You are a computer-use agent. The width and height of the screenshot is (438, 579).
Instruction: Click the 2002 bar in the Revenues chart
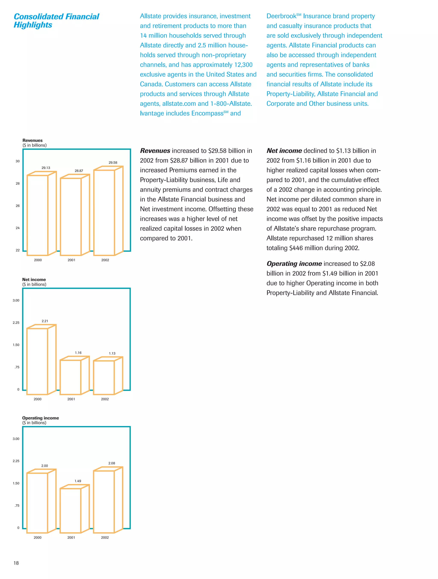point(104,213)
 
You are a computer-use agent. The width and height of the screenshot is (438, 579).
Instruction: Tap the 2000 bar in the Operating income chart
point(37,503)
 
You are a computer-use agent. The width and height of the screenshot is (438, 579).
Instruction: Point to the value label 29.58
point(113,163)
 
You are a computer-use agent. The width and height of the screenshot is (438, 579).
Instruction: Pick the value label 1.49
point(78,481)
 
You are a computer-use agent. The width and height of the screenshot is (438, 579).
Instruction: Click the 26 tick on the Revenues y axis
point(18,206)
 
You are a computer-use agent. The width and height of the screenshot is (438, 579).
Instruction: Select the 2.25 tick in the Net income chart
point(16,322)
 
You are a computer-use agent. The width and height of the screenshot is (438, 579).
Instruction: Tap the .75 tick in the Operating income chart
point(17,506)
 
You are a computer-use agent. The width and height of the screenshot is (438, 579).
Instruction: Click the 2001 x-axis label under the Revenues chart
point(71,260)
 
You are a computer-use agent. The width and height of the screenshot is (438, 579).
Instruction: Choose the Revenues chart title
point(33,140)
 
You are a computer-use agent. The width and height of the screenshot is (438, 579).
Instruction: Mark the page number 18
point(16,563)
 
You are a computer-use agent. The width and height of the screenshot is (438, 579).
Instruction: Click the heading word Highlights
point(33,25)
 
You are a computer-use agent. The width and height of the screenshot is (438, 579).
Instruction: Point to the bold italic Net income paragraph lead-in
point(284,151)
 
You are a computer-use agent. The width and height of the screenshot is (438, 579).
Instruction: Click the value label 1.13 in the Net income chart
point(112,353)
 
